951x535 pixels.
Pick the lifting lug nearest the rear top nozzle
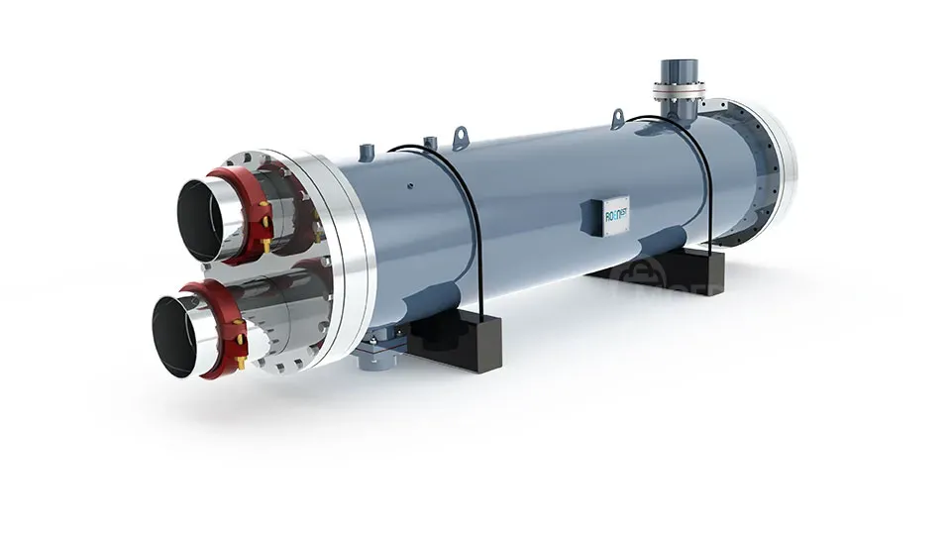pyautogui.click(x=617, y=119)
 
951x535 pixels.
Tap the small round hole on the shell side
pyautogui.click(x=408, y=184)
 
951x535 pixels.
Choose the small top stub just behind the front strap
pyautogui.click(x=428, y=141)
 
